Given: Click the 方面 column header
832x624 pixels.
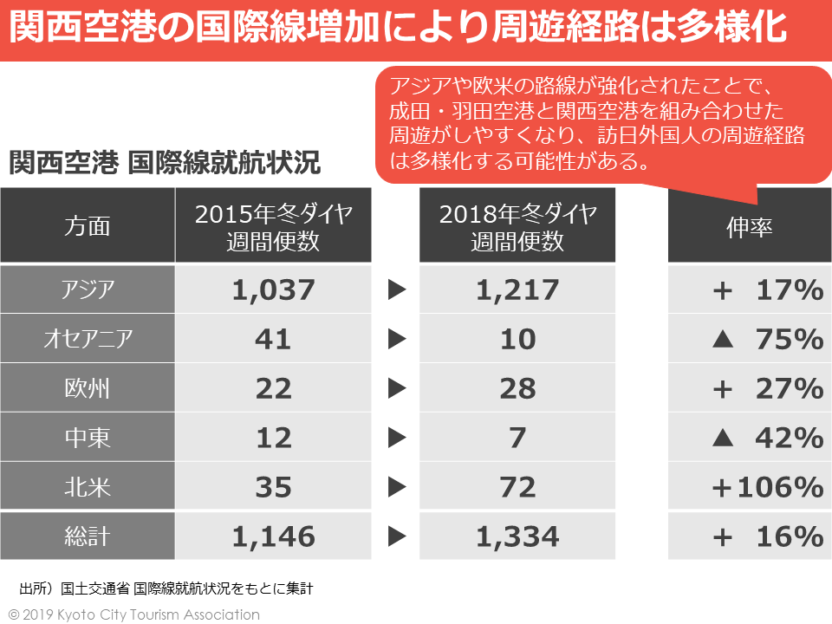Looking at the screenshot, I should click(x=88, y=226).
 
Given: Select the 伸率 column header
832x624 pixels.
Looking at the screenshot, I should click(x=749, y=226).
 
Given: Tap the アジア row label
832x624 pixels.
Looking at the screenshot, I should click(x=88, y=289).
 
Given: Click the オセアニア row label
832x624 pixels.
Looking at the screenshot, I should click(x=88, y=338).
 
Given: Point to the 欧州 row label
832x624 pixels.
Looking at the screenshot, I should click(x=88, y=387).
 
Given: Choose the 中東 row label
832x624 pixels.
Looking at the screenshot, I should click(x=88, y=437).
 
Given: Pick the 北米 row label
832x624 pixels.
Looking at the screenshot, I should click(x=88, y=486).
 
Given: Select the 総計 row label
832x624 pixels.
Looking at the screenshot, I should click(x=88, y=536).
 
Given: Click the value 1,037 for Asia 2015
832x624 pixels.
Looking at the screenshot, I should click(x=273, y=289).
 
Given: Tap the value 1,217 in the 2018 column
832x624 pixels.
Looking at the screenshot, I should click(x=517, y=289).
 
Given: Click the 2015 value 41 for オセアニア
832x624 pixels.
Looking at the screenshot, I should click(x=273, y=338).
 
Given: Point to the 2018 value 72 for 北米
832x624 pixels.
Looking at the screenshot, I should click(x=517, y=486).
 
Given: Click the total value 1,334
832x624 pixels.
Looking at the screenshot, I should click(x=517, y=536).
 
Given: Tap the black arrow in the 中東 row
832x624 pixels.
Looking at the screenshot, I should click(x=397, y=438).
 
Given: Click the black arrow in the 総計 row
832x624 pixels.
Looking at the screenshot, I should click(x=397, y=537).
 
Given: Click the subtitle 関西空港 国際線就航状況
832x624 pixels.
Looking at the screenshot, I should click(x=165, y=162).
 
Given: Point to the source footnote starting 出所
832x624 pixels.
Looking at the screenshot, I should click(x=166, y=588).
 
